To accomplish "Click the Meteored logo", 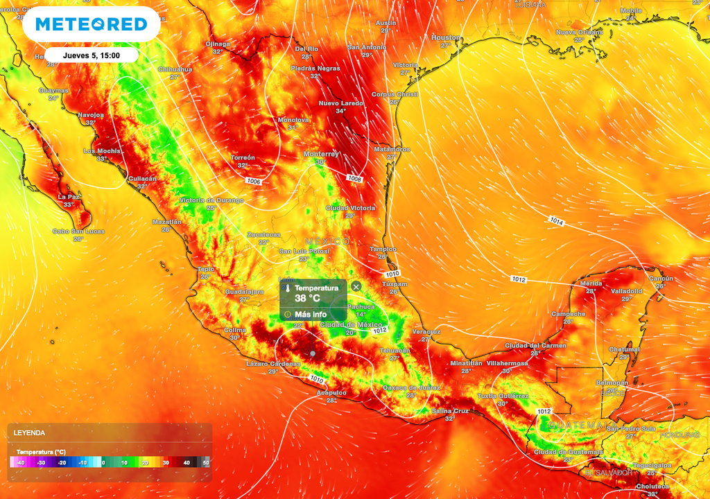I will (91, 24).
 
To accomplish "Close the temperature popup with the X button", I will (356, 286).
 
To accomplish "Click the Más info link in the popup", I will (310, 314).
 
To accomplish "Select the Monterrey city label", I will (321, 154).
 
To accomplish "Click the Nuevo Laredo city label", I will (340, 103).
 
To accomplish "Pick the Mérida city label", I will (590, 283).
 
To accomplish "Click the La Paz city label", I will (68, 197).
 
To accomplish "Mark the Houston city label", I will (445, 37).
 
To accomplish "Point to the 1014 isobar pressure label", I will (557, 222).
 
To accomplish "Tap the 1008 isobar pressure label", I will (354, 179).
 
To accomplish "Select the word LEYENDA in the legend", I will (29, 432).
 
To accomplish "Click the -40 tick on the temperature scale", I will (21, 462).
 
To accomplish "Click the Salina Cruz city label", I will (451, 410).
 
